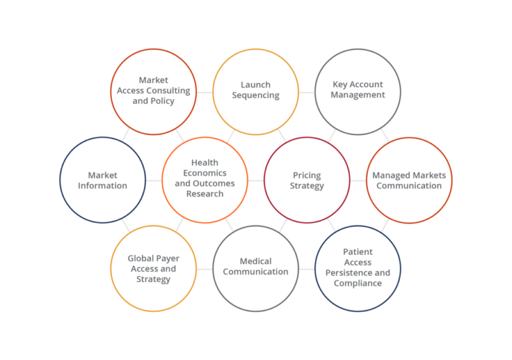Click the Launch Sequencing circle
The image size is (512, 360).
click(255, 92)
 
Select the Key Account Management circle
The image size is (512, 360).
click(358, 92)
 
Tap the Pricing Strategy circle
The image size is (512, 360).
click(307, 180)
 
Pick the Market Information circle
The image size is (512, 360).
click(102, 180)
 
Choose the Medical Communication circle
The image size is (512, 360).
click(255, 268)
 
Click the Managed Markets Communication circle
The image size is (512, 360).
click(409, 180)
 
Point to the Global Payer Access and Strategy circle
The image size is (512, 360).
click(153, 268)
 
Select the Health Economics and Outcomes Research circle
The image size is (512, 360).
click(205, 180)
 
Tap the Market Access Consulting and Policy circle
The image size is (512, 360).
click(153, 92)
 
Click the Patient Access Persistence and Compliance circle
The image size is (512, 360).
click(358, 268)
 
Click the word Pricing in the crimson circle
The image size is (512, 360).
click(307, 175)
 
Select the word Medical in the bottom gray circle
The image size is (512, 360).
click(255, 261)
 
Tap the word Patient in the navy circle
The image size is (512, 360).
click(358, 252)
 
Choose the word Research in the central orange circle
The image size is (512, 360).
click(205, 195)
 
